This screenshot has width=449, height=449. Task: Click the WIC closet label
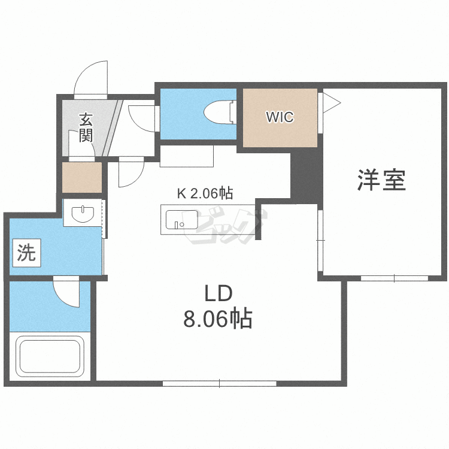280,117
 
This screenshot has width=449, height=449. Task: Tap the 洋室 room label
381,180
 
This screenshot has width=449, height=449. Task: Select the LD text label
218,293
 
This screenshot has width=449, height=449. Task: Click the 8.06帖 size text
218,318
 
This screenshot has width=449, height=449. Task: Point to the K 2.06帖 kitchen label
205,193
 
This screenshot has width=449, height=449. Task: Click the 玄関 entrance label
86,128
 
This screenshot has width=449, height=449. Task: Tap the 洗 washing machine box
26,253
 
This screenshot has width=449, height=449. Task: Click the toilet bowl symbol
220,112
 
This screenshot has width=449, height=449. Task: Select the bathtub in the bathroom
50,356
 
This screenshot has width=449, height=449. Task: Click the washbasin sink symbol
83,213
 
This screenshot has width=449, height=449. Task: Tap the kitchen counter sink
182,220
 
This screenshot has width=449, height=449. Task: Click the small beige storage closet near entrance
82,178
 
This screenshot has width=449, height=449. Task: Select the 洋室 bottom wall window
395,278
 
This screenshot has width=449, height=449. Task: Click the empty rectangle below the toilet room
187,156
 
